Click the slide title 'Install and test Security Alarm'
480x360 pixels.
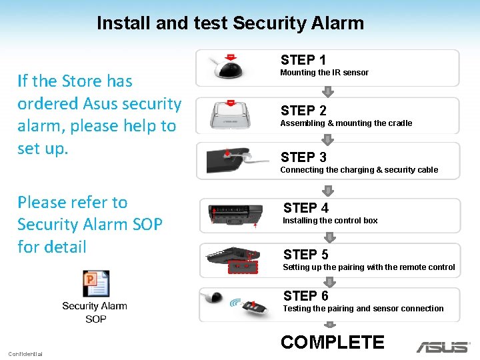point(230,23)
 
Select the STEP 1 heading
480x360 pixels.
point(303,60)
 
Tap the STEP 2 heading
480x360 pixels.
point(303,111)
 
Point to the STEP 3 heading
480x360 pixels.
point(303,157)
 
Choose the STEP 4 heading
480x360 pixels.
point(305,208)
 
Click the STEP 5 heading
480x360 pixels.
point(305,255)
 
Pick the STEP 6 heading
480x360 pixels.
point(305,296)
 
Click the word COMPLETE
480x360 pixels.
point(332,343)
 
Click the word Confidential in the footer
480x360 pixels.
point(25,353)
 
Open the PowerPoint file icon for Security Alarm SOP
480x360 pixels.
point(95,284)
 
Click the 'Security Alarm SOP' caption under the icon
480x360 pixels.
point(95,312)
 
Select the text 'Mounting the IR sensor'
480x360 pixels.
point(324,73)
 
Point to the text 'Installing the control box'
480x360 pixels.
point(330,221)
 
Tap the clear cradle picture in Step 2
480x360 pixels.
point(230,114)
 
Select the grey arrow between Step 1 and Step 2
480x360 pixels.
point(327,91)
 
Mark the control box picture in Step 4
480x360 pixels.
point(231,215)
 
